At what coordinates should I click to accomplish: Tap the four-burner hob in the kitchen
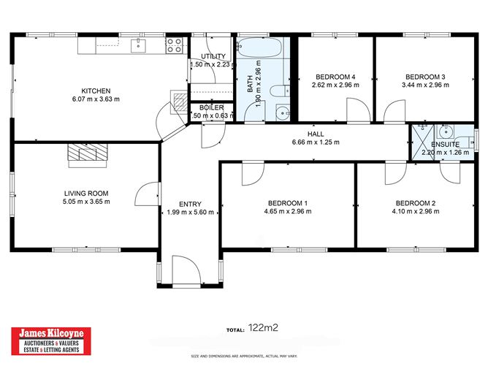[x=174, y=46]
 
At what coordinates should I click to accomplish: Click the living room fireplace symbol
[x=86, y=151]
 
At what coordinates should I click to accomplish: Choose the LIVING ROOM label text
[x=85, y=194]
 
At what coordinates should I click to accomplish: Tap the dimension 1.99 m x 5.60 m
[x=190, y=213]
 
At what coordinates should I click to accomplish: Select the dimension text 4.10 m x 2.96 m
[x=415, y=212]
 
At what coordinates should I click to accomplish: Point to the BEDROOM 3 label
[x=425, y=77]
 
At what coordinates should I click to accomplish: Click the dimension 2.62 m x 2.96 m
[x=335, y=85]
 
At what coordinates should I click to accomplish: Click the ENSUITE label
[x=446, y=145]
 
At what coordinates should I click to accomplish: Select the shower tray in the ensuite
[x=422, y=136]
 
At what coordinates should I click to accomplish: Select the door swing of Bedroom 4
[x=356, y=112]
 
